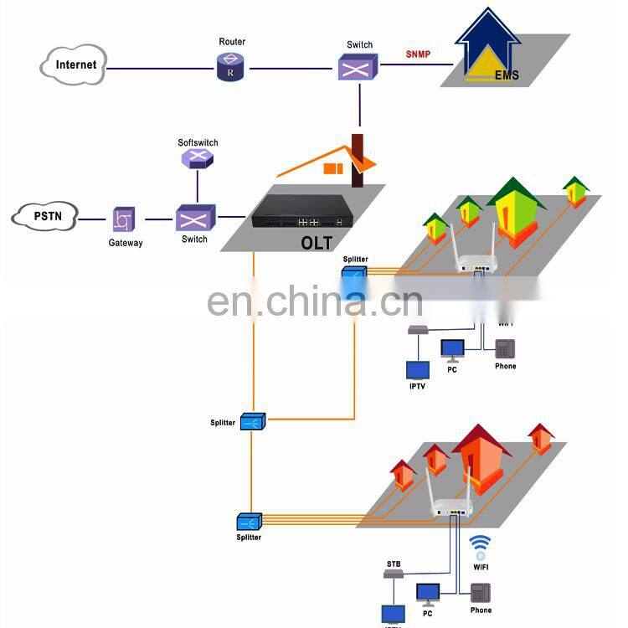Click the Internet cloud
[74, 65]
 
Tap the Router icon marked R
[229, 67]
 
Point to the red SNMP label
[418, 54]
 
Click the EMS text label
[507, 75]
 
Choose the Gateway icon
[124, 220]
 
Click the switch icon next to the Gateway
[195, 219]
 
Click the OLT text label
[317, 244]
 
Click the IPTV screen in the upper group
[417, 369]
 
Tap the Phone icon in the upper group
[505, 348]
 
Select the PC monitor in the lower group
[429, 595]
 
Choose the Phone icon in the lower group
[481, 593]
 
